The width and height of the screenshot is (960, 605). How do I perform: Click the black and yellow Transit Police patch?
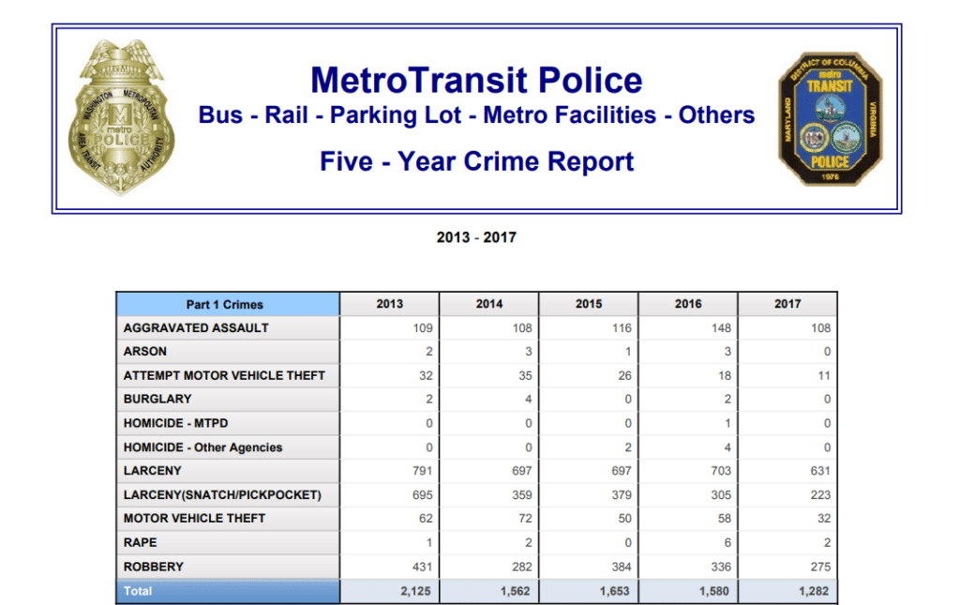tap(830, 119)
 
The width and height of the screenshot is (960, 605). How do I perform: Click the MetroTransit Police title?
tap(476, 80)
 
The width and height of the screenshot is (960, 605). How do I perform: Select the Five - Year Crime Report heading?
tap(476, 161)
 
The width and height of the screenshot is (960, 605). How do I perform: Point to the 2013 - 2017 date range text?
tap(476, 237)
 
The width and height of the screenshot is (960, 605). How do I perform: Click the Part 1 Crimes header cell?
tap(225, 304)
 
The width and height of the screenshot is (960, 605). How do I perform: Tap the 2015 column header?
tap(589, 304)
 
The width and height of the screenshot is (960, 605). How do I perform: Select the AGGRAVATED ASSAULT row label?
tap(196, 328)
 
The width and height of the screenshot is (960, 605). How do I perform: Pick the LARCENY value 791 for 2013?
tap(421, 471)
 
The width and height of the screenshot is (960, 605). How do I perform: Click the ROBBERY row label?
tap(154, 567)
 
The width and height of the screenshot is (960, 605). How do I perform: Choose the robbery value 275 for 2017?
tap(820, 567)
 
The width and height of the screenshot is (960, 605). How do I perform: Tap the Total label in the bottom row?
tap(138, 592)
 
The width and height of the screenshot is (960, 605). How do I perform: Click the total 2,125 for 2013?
tap(414, 592)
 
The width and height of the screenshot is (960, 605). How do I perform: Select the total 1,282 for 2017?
tap(813, 592)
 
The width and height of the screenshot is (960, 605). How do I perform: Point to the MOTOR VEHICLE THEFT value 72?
tap(521, 519)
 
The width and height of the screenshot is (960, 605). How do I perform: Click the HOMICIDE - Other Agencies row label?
tap(202, 447)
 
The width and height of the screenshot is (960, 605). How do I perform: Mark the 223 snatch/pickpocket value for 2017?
tap(820, 495)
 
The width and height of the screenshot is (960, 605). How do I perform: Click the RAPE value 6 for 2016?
tap(727, 543)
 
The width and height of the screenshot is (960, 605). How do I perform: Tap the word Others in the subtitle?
tap(717, 115)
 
